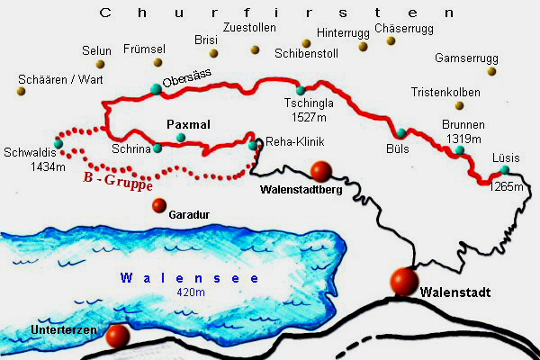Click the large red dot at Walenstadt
click(404, 280)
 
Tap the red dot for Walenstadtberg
click(321, 171)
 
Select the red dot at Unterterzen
click(118, 337)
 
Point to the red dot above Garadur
click(159, 204)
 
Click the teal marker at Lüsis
click(505, 170)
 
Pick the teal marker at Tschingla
click(301, 88)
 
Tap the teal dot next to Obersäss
click(157, 87)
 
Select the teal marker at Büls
click(401, 132)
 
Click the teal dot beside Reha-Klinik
click(252, 142)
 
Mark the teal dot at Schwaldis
click(58, 142)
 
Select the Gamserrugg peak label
click(466, 58)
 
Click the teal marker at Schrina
click(157, 148)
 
